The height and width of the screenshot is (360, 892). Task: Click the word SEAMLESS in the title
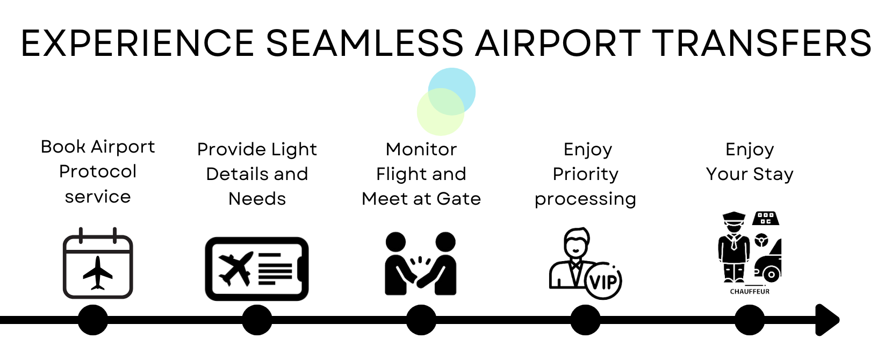coord(365,42)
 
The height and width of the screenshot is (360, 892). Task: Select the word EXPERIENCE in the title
coord(138,42)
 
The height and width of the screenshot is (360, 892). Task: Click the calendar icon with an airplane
coord(98,263)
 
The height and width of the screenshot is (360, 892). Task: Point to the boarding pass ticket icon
coord(257,269)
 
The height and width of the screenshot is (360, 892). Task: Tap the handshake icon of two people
coord(421,264)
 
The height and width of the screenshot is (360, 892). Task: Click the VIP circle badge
coord(603,281)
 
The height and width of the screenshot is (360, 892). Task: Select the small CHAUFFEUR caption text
coord(750,292)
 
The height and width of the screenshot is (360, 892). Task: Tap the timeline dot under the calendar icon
coord(93,320)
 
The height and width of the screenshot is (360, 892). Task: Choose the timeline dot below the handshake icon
coord(421,320)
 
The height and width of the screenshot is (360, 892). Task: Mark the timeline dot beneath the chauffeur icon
coord(750,320)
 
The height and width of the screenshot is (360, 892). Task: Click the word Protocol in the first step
coord(98,171)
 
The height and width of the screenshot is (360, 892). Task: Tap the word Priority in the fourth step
coord(585,175)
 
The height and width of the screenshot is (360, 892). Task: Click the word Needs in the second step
coord(257,199)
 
